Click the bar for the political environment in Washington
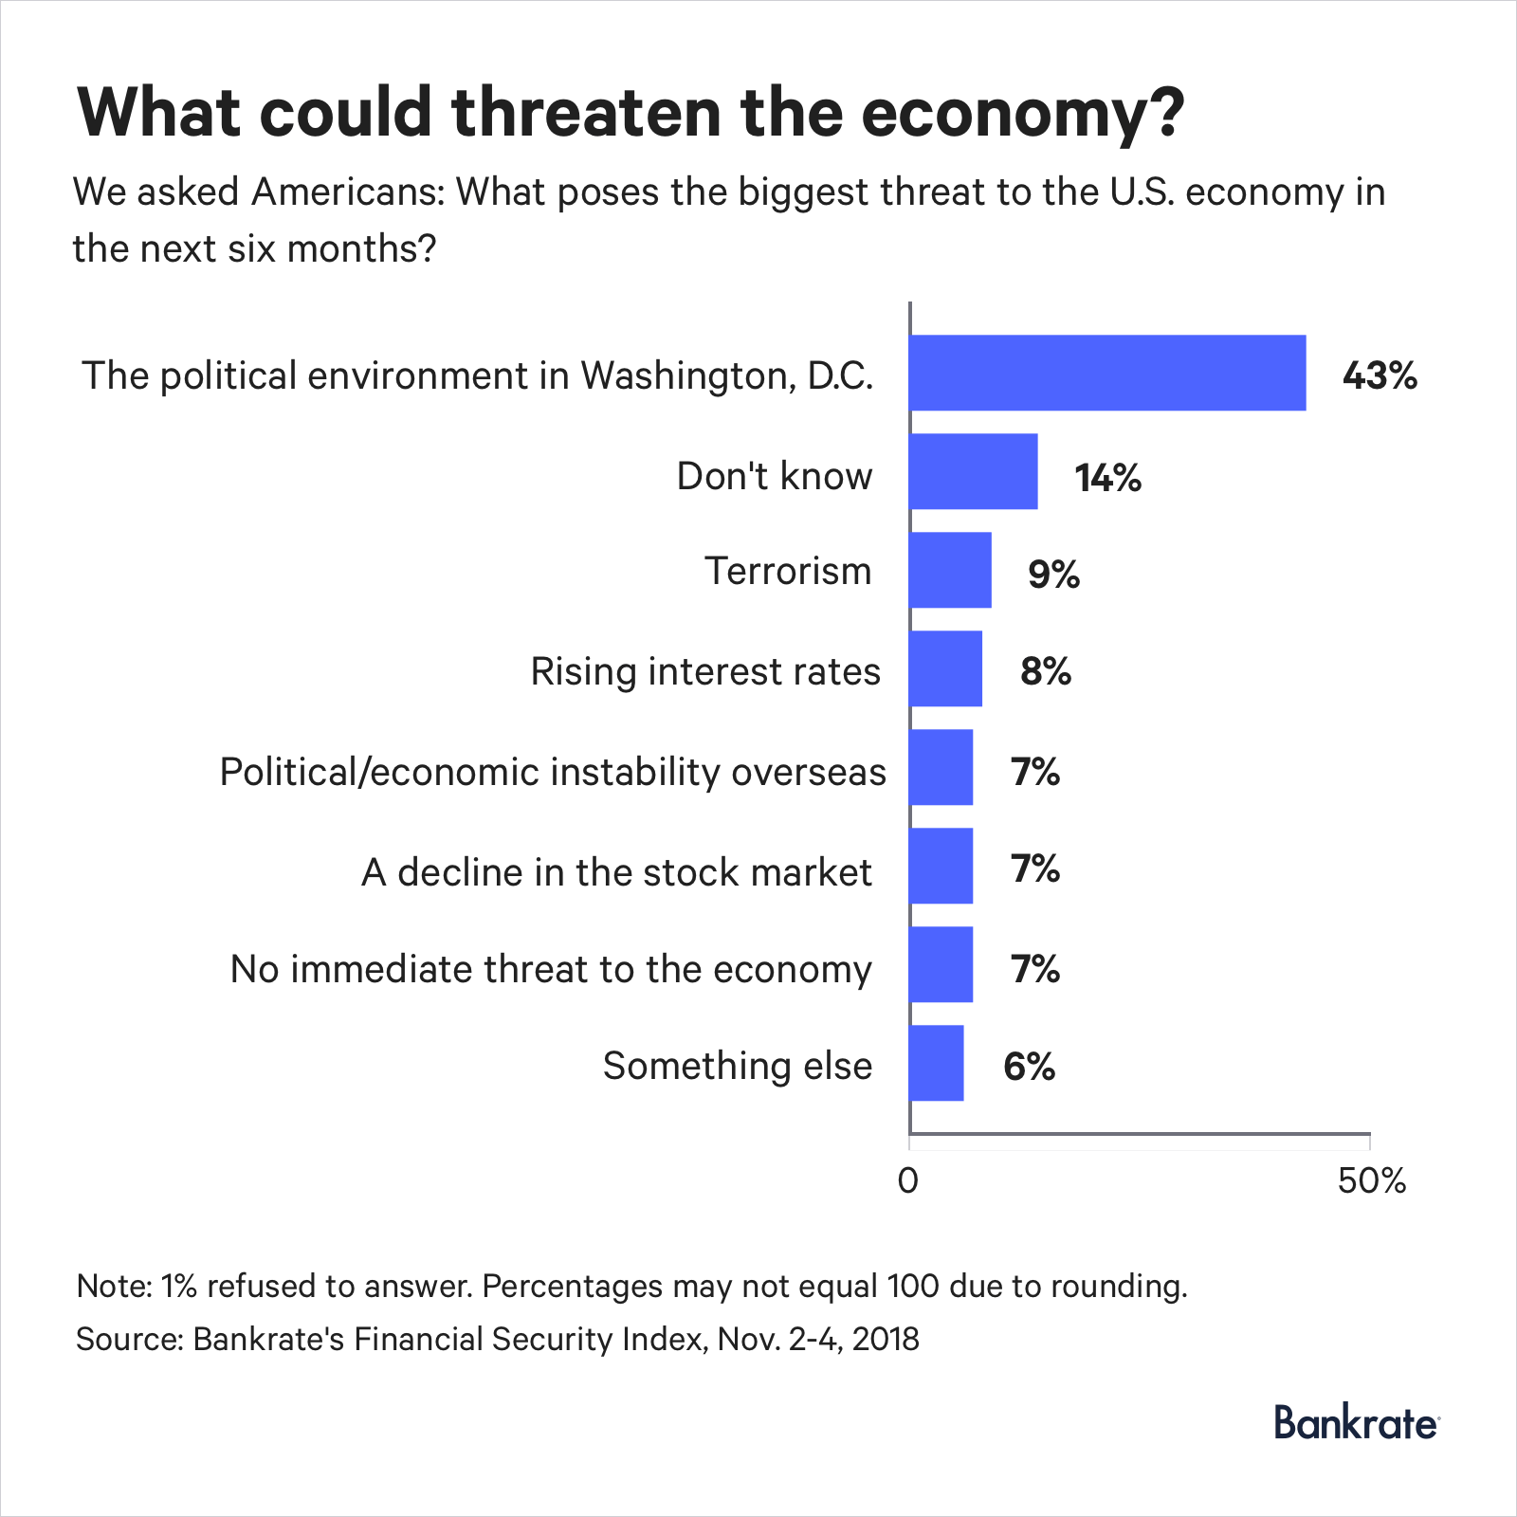[x=1106, y=373]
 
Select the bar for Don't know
[x=973, y=471]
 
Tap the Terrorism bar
[x=950, y=570]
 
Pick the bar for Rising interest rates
[x=945, y=668]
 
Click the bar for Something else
[x=936, y=1063]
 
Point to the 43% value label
[x=1379, y=376]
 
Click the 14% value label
[x=1107, y=477]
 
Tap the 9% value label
[x=1053, y=575]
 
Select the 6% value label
[x=1029, y=1067]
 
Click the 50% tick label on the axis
[x=1371, y=1181]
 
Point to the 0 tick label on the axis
[x=908, y=1181]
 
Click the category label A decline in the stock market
[x=616, y=872]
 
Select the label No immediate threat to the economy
[x=550, y=970]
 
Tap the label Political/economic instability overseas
[x=553, y=773]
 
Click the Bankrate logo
[x=1356, y=1424]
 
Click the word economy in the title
[x=1022, y=114]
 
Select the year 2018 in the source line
[x=886, y=1339]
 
